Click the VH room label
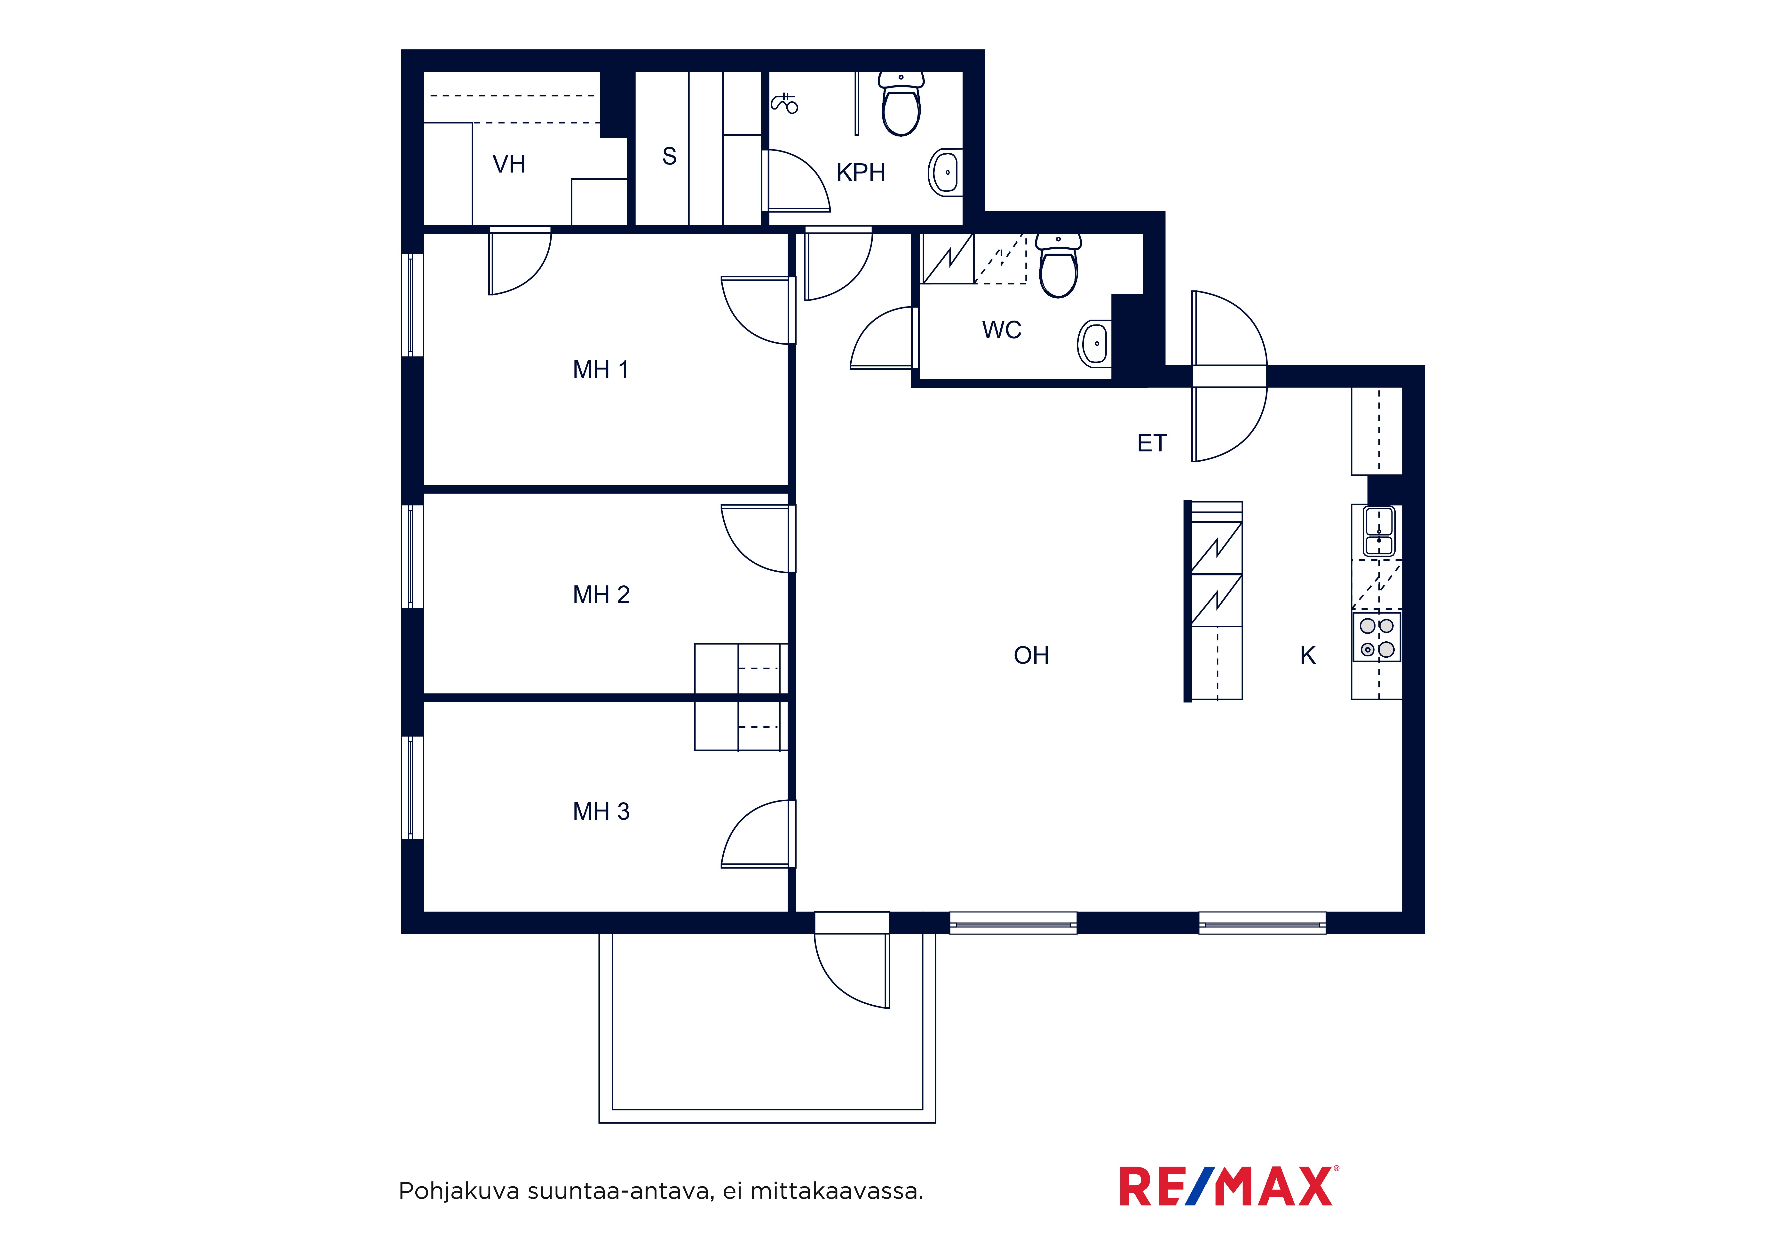(509, 164)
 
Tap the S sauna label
(670, 157)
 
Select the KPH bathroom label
(861, 173)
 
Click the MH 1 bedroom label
(601, 370)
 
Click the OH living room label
(1031, 656)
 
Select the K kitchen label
(1307, 656)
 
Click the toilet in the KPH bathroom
(901, 104)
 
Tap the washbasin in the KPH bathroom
(945, 172)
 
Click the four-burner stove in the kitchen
(1377, 637)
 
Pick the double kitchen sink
(1379, 532)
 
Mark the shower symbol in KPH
(784, 102)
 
